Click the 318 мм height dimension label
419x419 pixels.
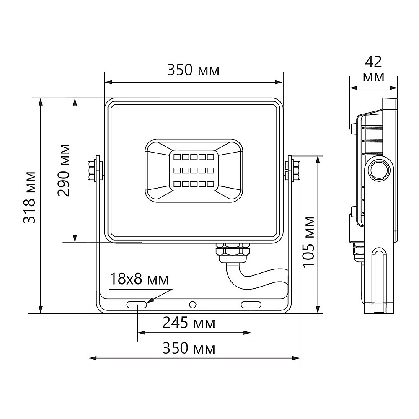(x=29, y=198)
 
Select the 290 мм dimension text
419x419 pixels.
(x=64, y=170)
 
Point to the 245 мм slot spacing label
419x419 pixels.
(x=189, y=323)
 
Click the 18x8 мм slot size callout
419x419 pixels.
(x=139, y=279)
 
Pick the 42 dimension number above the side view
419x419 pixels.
(x=373, y=62)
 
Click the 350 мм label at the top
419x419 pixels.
(x=193, y=70)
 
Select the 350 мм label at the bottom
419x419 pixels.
(x=189, y=348)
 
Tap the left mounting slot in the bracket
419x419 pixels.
(x=137, y=304)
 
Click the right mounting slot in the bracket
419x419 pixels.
(x=251, y=304)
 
